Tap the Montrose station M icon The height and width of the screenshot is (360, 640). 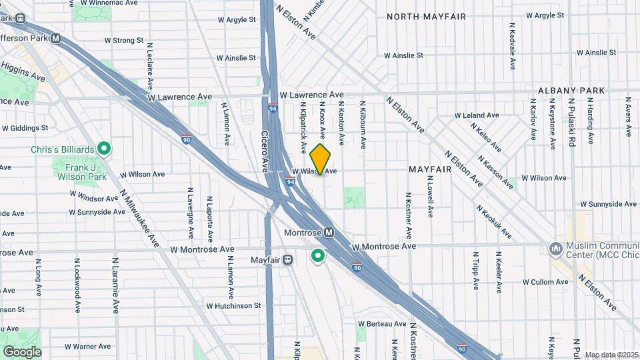329,233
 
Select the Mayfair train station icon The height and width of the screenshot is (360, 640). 287,259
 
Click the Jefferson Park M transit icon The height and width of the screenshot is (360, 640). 56,39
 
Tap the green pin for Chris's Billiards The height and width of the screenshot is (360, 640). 104,148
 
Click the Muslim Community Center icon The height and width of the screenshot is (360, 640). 555,249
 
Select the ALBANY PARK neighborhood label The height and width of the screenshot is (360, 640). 571,91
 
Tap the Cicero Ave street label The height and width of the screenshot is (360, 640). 264,141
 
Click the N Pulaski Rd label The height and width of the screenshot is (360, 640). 572,122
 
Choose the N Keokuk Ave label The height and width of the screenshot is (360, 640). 494,222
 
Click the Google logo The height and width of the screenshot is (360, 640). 21,351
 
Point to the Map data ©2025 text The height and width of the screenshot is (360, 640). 611,355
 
